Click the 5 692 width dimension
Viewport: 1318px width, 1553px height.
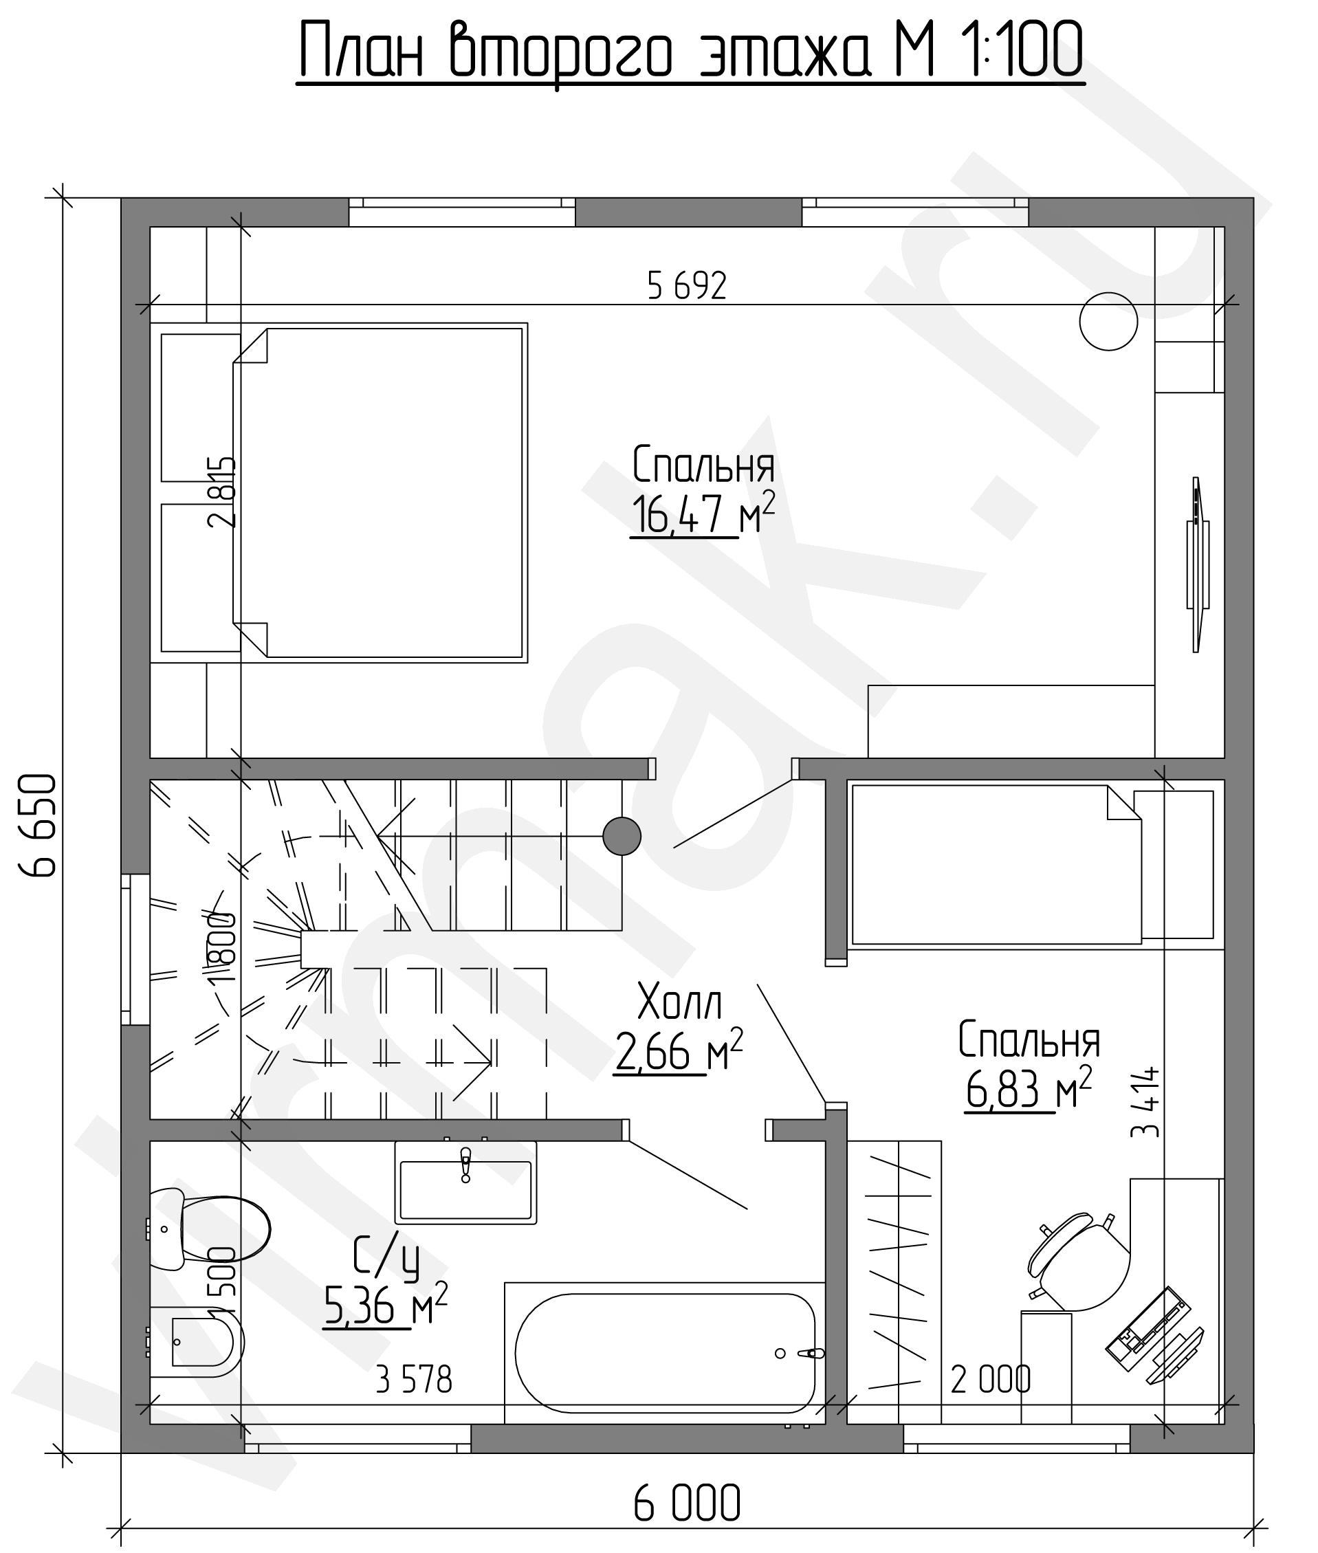click(x=687, y=286)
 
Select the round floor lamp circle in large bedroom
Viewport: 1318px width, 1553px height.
click(x=1109, y=321)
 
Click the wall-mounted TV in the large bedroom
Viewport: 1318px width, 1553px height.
click(x=1198, y=564)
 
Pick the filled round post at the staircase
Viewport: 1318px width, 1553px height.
click(x=622, y=836)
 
